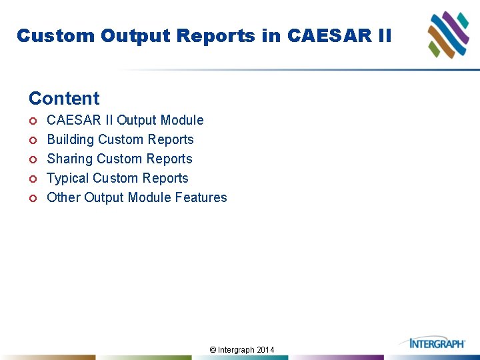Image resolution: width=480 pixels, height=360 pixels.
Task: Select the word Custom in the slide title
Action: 56,35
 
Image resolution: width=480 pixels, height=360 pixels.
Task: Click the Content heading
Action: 64,99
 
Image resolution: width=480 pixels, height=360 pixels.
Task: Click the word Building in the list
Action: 70,140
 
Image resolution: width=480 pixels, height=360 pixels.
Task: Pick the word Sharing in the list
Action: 69,159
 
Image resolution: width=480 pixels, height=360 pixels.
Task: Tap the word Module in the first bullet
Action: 183,120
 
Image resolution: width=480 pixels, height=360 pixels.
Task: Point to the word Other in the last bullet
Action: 63,197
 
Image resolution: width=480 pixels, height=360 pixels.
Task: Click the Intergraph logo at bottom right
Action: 437,343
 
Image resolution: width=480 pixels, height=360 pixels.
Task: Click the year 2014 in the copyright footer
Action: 265,350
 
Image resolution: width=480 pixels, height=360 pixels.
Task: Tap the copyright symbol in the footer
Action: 213,350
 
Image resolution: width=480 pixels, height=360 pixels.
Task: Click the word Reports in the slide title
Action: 211,35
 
